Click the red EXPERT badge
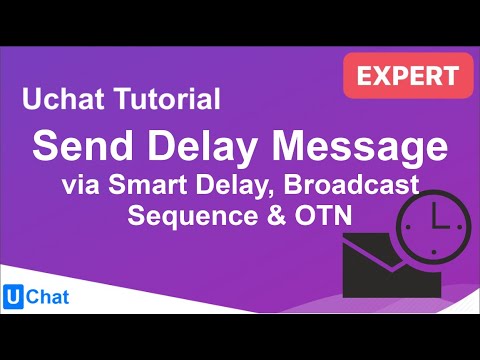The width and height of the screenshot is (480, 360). tap(407, 74)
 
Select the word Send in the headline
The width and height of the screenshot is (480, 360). tap(81, 147)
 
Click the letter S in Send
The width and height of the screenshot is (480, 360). tap(48, 147)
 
